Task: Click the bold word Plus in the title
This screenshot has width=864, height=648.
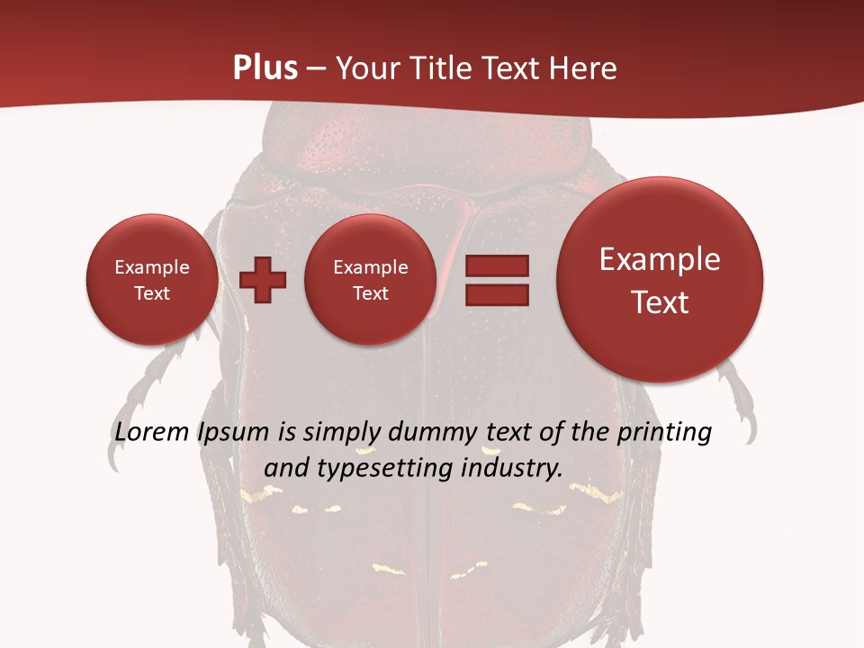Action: click(265, 68)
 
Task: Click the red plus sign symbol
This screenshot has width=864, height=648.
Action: click(263, 280)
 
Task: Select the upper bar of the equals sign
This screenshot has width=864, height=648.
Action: click(496, 265)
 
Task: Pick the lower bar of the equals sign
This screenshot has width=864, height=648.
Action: click(496, 294)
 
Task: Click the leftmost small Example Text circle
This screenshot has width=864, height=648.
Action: click(152, 280)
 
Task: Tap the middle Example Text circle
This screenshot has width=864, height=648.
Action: click(370, 280)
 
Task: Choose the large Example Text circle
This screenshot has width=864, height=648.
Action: click(660, 280)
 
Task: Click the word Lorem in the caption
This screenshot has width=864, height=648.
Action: click(153, 432)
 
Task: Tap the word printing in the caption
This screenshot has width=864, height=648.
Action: click(664, 433)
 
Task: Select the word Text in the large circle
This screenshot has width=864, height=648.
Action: click(660, 302)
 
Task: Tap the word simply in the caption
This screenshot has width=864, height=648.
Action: click(339, 433)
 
